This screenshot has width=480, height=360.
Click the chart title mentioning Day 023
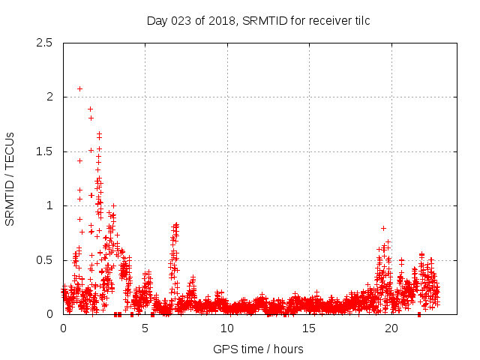pyautogui.click(x=258, y=20)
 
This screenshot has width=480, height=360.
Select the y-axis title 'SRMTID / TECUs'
pyautogui.click(x=10, y=179)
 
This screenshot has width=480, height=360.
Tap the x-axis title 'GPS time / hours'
pyautogui.click(x=258, y=349)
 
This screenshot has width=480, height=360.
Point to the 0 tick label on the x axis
pyautogui.click(x=63, y=328)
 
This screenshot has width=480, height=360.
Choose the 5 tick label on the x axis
pyautogui.click(x=145, y=328)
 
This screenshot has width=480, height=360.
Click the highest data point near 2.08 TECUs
pyautogui.click(x=79, y=88)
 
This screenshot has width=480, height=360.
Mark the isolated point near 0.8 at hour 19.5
pyautogui.click(x=383, y=228)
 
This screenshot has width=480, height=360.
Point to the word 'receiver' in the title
pyautogui.click(x=326, y=20)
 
